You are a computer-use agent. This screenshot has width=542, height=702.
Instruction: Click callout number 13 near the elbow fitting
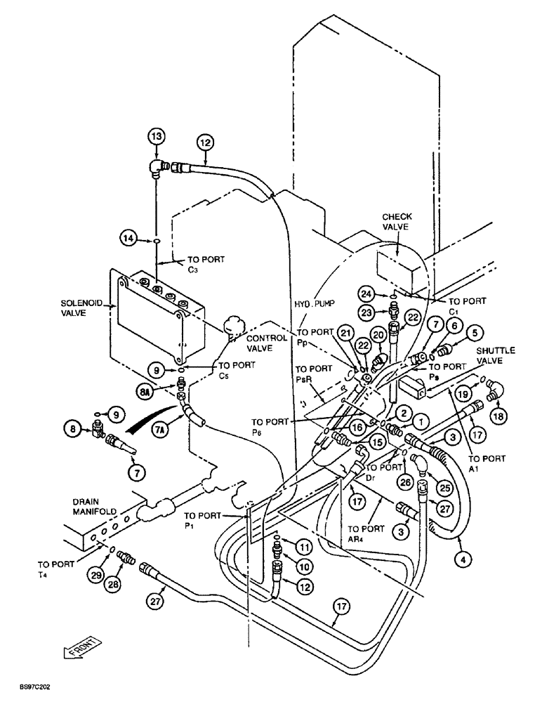[x=157, y=135]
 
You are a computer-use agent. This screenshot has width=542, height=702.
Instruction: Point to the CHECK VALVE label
[x=397, y=223]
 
